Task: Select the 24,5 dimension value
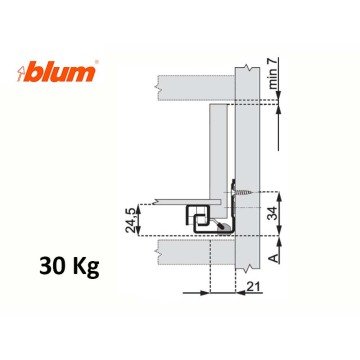(130, 218)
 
